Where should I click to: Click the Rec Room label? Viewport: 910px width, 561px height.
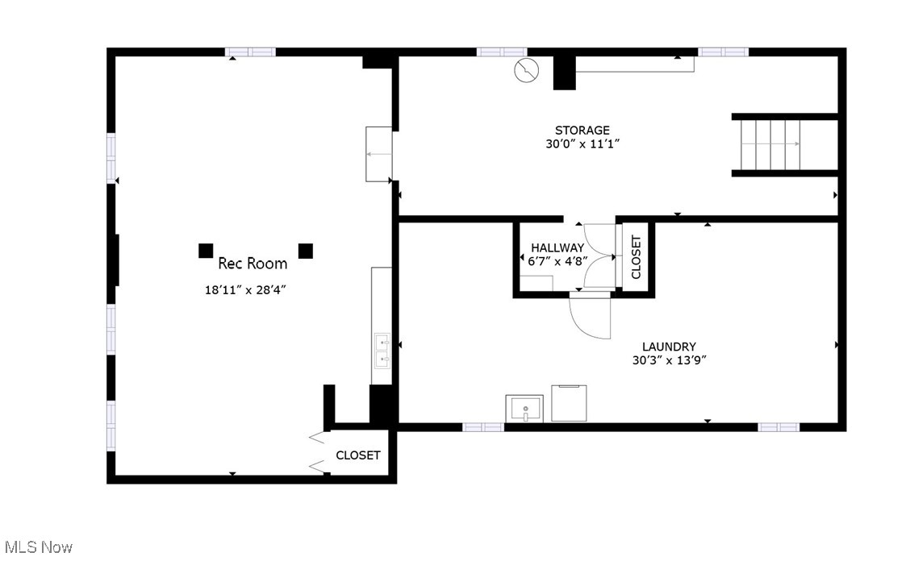coord(253,264)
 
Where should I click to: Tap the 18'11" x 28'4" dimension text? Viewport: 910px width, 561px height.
coord(245,289)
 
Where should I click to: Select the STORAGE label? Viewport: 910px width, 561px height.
coord(582,131)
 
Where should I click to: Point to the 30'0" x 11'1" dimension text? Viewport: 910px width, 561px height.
coord(582,143)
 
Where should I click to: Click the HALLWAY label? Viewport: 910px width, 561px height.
coord(557,247)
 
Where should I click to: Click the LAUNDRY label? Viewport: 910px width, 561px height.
coord(669,347)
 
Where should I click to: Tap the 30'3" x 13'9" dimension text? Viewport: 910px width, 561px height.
coord(669,360)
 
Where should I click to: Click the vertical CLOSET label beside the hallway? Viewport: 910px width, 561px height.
coord(636,257)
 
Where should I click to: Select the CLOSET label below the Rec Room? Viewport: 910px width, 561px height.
coord(358,455)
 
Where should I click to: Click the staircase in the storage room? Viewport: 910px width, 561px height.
coord(770,145)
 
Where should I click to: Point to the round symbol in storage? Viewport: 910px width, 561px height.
coord(526,70)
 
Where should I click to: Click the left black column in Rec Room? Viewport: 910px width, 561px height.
coord(206,251)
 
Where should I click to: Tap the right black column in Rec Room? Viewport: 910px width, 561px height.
coord(305,251)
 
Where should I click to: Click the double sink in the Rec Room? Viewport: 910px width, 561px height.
coord(382,351)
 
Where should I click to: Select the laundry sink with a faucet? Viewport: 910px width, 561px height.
coord(524,409)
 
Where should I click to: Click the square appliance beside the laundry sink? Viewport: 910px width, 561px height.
coord(569,403)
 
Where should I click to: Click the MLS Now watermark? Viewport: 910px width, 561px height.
coord(38,547)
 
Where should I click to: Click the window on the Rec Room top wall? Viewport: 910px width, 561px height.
coord(250,52)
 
